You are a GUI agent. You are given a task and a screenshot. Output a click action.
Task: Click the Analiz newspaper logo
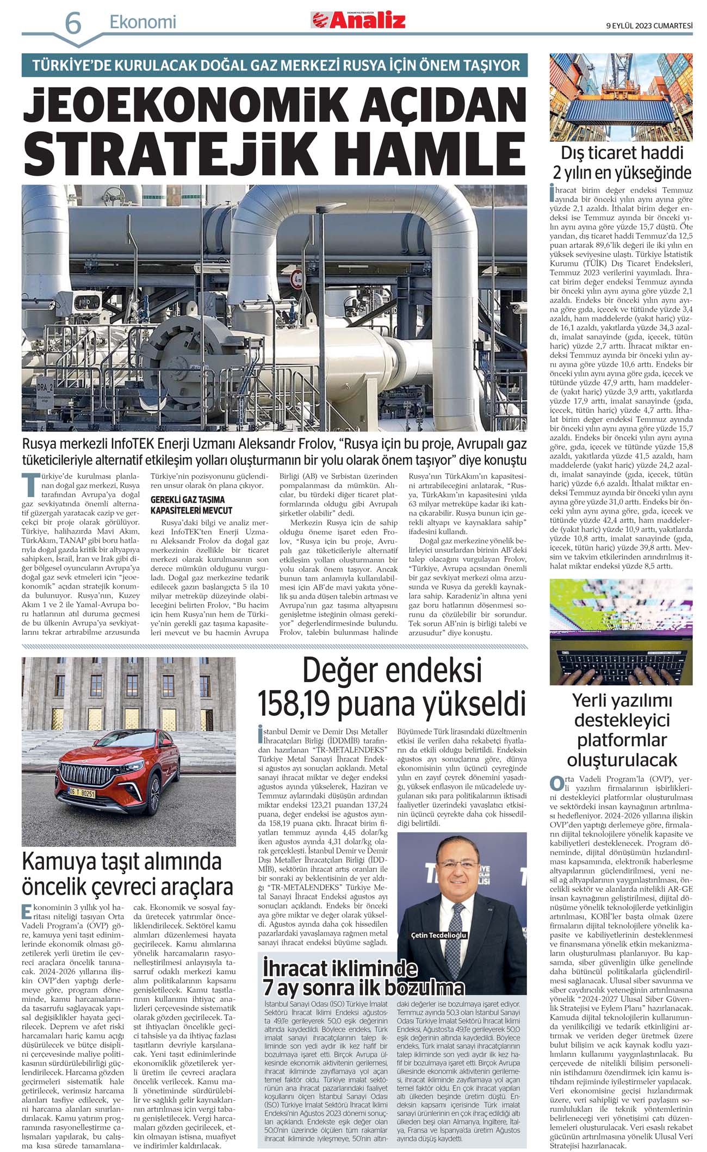pyautogui.click(x=358, y=20)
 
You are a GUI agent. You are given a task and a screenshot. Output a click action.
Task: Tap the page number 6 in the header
pyautogui.click(x=73, y=23)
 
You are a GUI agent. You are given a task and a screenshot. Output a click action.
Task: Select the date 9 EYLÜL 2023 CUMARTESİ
pyautogui.click(x=649, y=24)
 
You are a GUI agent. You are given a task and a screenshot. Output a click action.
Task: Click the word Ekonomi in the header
pyautogui.click(x=143, y=22)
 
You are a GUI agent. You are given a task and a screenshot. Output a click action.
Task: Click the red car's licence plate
pyautogui.click(x=80, y=794)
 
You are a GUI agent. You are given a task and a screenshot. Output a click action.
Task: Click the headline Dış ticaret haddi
pyautogui.click(x=622, y=153)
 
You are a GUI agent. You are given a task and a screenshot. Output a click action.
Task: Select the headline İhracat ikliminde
pyautogui.click(x=340, y=968)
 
